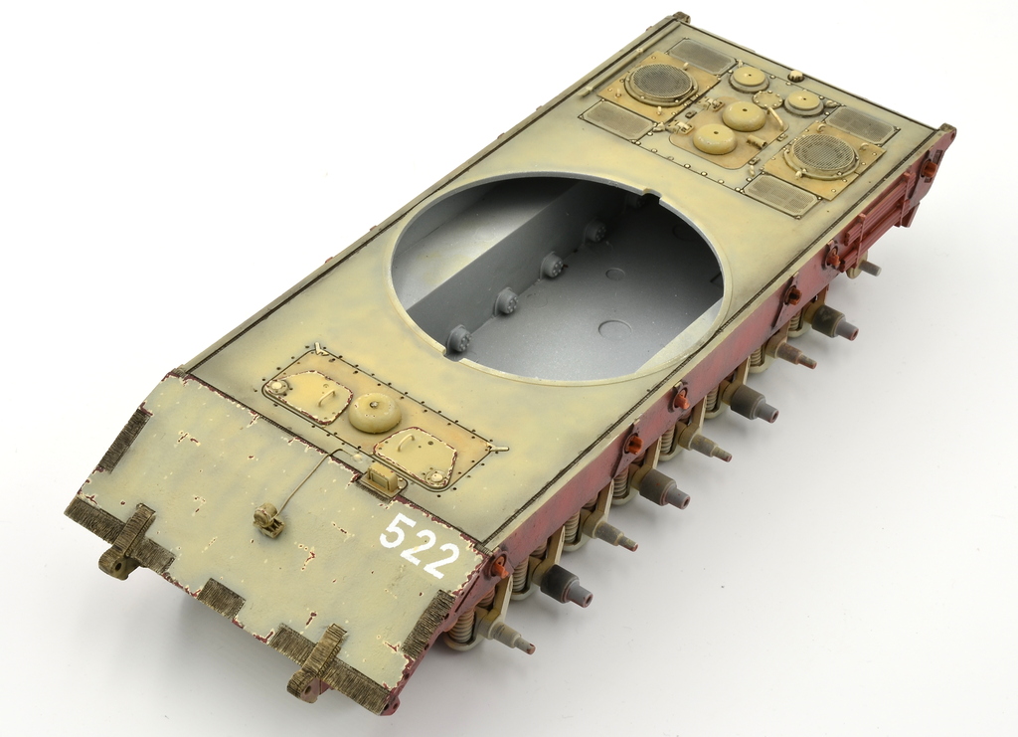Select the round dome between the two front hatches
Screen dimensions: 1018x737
click(x=375, y=411)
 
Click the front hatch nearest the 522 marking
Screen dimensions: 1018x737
click(x=416, y=457)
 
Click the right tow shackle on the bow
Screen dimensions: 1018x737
click(x=318, y=659)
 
